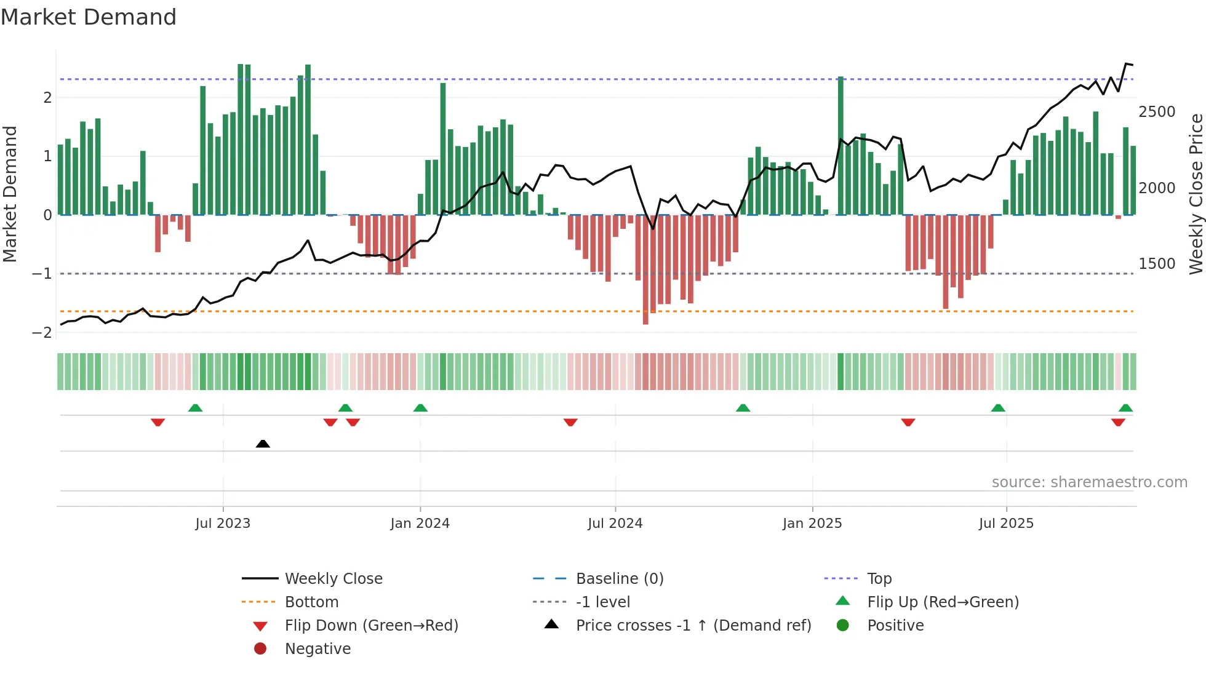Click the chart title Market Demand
click(x=89, y=17)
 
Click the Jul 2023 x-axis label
click(x=223, y=524)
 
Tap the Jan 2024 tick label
click(x=420, y=524)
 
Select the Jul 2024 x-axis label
click(x=615, y=524)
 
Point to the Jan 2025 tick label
click(x=812, y=524)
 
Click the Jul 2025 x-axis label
click(x=1006, y=524)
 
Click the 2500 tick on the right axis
click(x=1157, y=112)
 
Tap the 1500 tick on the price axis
click(x=1157, y=264)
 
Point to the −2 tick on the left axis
click(x=42, y=333)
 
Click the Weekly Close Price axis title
click(x=1196, y=194)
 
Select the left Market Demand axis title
click(x=10, y=194)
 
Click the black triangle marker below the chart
click(x=263, y=444)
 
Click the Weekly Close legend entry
click(x=333, y=579)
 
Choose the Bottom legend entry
click(x=311, y=602)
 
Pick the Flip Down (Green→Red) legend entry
click(x=371, y=626)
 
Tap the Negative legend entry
click(x=317, y=649)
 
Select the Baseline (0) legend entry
click(x=619, y=579)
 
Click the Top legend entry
click(x=879, y=579)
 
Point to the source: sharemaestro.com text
click(x=1089, y=482)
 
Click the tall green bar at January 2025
click(x=841, y=148)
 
